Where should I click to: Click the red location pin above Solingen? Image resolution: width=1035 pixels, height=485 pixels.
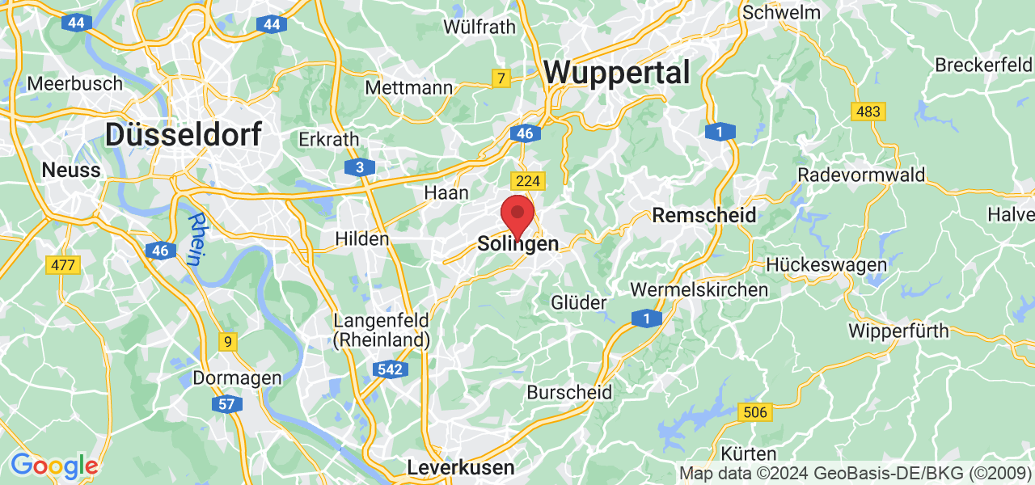click(x=517, y=215)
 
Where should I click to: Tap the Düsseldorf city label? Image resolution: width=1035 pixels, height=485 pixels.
click(x=184, y=134)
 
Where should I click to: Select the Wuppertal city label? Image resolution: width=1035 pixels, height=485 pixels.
click(x=617, y=73)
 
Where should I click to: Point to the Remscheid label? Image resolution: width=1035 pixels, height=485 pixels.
click(x=704, y=215)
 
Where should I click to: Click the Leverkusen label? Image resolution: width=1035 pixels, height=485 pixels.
click(x=460, y=467)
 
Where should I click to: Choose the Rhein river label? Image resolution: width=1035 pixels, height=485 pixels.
click(x=194, y=238)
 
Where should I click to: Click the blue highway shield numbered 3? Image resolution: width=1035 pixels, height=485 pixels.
click(x=360, y=167)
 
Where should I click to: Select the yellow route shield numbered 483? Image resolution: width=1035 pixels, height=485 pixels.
click(x=868, y=111)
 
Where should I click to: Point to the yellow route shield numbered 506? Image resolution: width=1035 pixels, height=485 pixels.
click(x=754, y=412)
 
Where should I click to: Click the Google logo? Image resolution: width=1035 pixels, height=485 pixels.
click(x=53, y=466)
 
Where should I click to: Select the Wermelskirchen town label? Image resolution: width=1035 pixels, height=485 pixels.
click(x=699, y=289)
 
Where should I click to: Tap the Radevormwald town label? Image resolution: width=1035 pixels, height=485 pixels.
click(x=861, y=175)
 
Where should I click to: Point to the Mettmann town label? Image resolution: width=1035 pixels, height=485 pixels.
click(x=408, y=86)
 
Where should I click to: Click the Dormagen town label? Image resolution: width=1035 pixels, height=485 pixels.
click(x=237, y=377)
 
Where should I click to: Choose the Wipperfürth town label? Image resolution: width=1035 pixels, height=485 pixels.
click(x=899, y=331)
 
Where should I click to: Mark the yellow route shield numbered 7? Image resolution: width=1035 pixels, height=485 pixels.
click(x=501, y=78)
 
